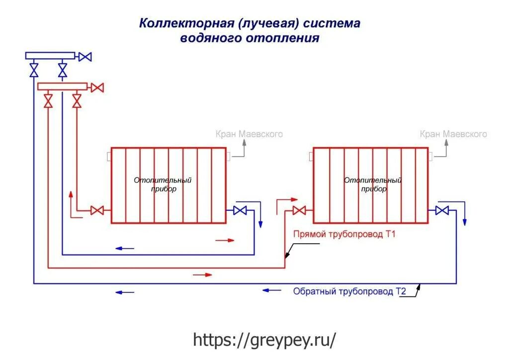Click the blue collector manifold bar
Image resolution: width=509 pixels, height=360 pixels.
point(50,56)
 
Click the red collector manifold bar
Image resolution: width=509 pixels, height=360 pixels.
point(62,87)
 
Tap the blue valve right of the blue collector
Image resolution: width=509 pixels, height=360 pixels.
point(85,57)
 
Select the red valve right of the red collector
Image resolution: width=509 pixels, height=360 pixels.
point(97,88)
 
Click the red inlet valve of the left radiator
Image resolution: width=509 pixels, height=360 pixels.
point(97,210)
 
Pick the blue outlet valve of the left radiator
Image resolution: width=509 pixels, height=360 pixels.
point(240,210)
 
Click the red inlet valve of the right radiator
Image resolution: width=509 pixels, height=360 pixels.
point(299,210)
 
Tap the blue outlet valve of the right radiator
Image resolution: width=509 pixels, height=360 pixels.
point(441,210)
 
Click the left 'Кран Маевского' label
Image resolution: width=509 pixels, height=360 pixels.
point(249,134)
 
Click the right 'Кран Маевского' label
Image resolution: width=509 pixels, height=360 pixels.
point(453,134)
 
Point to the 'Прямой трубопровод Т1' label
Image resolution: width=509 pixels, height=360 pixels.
point(344,234)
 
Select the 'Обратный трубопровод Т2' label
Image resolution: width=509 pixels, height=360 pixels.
point(349,291)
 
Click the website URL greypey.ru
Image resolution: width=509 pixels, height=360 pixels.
point(264,340)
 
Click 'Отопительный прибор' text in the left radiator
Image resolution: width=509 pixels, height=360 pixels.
point(163,184)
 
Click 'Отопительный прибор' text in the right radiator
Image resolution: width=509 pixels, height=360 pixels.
point(373,184)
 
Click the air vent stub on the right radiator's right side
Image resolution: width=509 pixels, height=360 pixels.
point(430,156)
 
